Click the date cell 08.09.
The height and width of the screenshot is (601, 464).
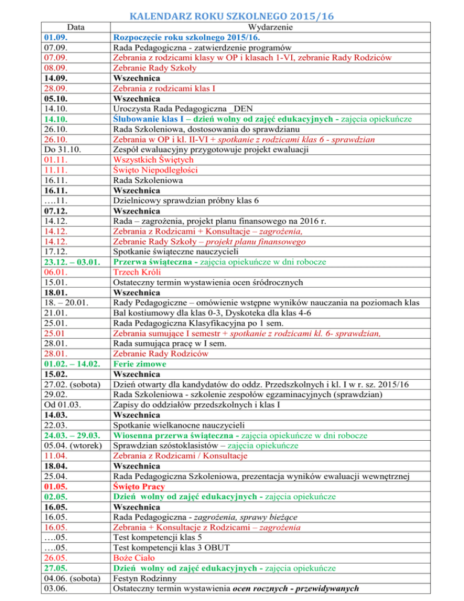point(54,68)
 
